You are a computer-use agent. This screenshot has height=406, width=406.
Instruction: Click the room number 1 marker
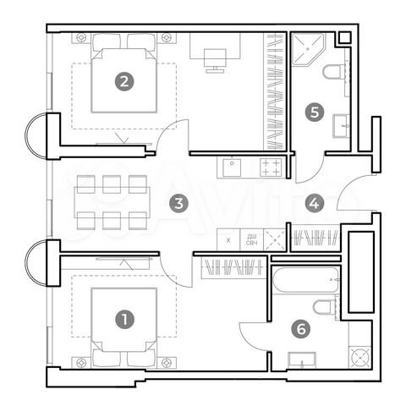[x=125, y=319]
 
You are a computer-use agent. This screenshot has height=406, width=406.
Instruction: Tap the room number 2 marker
[x=125, y=82]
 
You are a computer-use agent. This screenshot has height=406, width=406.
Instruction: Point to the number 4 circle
[x=315, y=203]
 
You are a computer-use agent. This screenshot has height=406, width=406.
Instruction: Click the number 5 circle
[x=315, y=110]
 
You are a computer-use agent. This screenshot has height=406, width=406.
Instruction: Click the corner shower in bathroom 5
[x=307, y=50]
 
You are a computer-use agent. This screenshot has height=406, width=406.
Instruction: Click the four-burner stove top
[x=271, y=167]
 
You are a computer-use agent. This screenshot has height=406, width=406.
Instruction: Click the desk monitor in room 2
[x=215, y=56]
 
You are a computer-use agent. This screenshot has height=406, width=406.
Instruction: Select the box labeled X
[x=229, y=239]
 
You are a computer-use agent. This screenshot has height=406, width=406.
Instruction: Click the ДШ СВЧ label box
[x=251, y=239]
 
